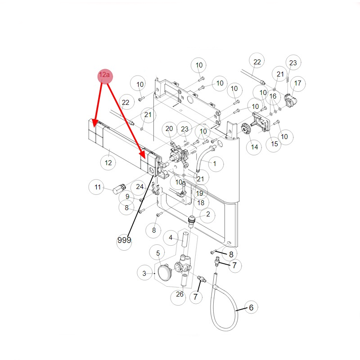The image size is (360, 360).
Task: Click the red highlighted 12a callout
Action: (x=104, y=75)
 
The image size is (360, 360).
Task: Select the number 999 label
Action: (x=124, y=240)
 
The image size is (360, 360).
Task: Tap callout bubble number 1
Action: (x=215, y=164)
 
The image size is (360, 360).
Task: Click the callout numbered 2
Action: (x=208, y=215)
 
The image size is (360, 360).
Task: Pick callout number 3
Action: (x=144, y=273)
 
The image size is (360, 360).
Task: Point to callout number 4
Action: (x=171, y=237)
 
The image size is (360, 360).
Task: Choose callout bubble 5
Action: (x=158, y=253)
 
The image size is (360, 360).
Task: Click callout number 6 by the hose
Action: (x=251, y=308)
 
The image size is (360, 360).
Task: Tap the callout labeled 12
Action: (x=108, y=163)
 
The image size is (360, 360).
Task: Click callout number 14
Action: (x=255, y=147)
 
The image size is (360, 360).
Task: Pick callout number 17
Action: (x=297, y=84)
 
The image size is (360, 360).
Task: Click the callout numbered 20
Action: (x=169, y=129)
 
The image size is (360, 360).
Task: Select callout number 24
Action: (x=140, y=186)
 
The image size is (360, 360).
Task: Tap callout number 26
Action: (x=180, y=295)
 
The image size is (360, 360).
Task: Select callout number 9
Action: (x=127, y=197)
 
